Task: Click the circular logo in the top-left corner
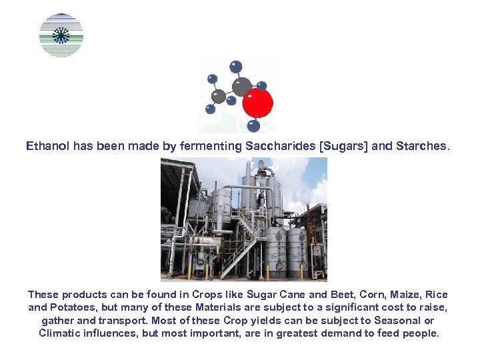pos(61,35)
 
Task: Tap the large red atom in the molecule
pos(257,103)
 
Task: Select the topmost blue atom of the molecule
pos(235,67)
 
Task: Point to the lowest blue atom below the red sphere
pos(253,125)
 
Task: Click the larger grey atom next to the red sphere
pos(241,87)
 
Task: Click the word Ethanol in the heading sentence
pos(47,145)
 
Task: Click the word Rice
pos(437,295)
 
